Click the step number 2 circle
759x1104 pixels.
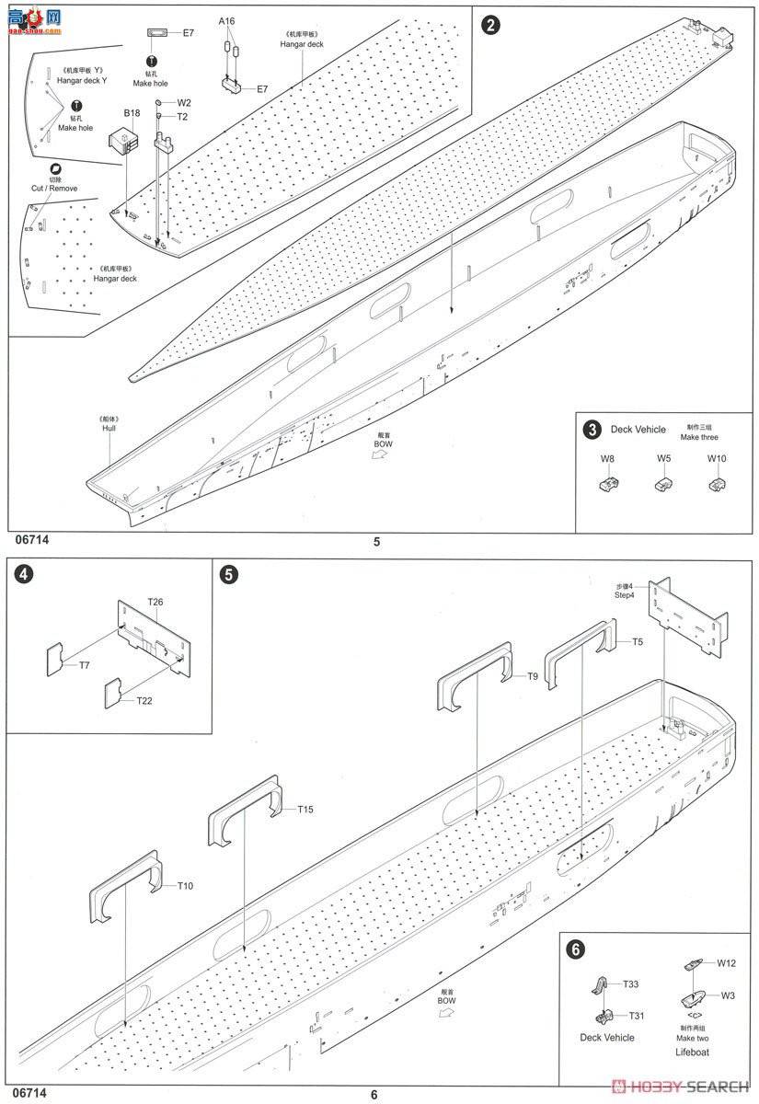[492, 24]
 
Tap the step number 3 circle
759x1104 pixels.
[592, 430]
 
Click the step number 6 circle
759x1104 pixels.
[575, 950]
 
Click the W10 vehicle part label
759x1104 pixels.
[717, 458]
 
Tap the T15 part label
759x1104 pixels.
[305, 810]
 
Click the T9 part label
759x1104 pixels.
[533, 676]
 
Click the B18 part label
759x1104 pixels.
[132, 113]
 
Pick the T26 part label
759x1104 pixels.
[155, 602]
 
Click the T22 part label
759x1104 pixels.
[144, 701]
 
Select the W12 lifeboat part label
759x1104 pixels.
[727, 963]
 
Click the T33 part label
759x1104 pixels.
[630, 983]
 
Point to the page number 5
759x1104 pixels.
[376, 542]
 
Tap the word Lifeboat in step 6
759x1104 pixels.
[692, 1052]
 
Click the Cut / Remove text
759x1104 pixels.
[54, 188]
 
